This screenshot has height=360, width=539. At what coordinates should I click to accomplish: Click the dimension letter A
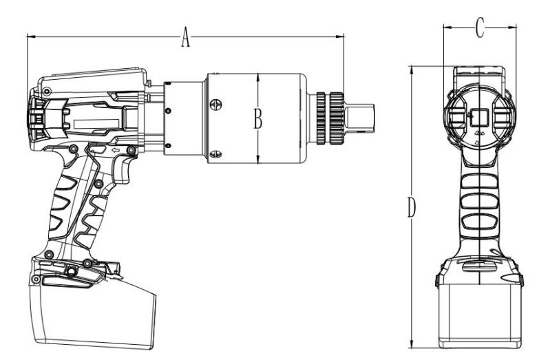[x=185, y=37]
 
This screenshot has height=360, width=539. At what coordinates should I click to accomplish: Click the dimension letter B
[x=258, y=118]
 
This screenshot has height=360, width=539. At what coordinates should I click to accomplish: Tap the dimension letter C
[x=480, y=28]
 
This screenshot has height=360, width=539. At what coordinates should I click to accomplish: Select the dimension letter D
[x=412, y=207]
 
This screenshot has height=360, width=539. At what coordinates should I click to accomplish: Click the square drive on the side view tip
[x=359, y=118]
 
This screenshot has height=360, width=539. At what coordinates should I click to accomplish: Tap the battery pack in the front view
[x=480, y=315]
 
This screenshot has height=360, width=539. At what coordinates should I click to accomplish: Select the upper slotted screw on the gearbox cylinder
[x=215, y=104]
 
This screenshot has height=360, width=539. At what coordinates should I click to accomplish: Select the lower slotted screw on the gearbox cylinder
[x=215, y=154]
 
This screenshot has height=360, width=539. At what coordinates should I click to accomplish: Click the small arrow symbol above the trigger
[x=116, y=150]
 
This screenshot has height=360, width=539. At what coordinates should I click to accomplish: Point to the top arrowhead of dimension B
[x=258, y=78]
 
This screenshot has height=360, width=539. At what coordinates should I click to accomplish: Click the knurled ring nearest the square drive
[x=337, y=118]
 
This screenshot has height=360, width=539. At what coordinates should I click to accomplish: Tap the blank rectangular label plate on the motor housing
[x=96, y=124]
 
